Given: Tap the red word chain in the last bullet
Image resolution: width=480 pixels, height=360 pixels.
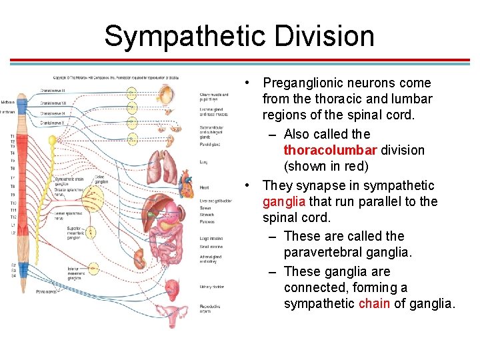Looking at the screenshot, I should (374, 304).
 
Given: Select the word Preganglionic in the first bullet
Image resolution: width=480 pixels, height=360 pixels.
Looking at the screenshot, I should (305, 83).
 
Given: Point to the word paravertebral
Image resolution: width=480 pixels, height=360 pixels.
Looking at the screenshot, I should (327, 253).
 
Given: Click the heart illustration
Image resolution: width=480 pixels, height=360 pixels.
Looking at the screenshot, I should (187, 179).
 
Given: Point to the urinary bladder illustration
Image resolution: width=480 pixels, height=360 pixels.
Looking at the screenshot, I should (173, 287).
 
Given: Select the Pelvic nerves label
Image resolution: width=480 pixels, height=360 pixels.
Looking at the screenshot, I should (47, 291).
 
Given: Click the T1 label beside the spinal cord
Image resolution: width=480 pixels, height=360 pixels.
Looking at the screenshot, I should (13, 137).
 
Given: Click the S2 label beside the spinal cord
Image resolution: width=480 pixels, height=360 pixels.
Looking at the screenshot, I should (13, 265).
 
